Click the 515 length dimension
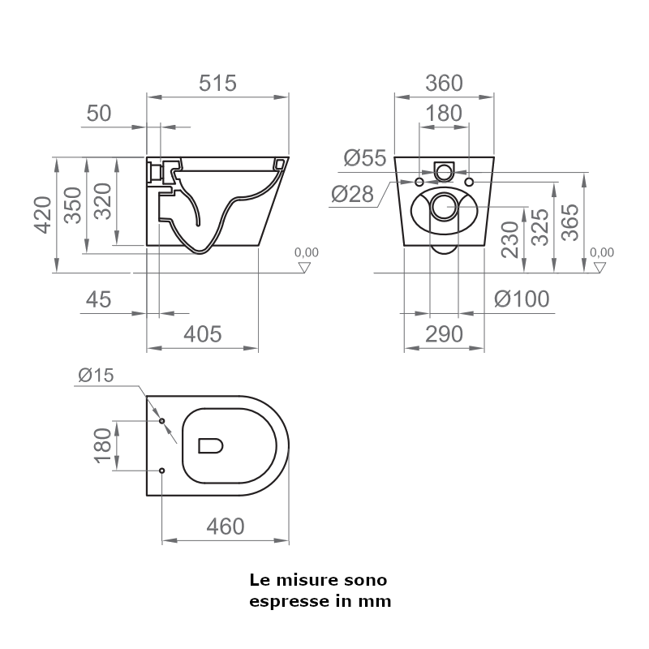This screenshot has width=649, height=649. click(x=217, y=83)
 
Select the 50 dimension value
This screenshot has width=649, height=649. click(x=98, y=114)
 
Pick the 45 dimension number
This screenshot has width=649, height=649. click(x=97, y=300)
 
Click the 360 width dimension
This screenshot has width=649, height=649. click(x=443, y=83)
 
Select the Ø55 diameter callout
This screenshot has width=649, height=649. click(x=364, y=158)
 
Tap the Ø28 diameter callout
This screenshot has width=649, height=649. click(x=352, y=194)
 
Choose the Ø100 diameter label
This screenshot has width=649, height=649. click(x=522, y=299)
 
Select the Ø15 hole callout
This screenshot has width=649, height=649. click(x=97, y=375)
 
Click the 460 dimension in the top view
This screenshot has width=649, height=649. click(x=225, y=527)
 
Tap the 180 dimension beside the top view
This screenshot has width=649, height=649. click(x=103, y=445)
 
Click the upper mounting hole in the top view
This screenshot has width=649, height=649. click(x=162, y=421)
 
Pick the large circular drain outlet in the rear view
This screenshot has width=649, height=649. click(x=444, y=208)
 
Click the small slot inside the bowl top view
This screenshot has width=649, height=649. click(x=211, y=445)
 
